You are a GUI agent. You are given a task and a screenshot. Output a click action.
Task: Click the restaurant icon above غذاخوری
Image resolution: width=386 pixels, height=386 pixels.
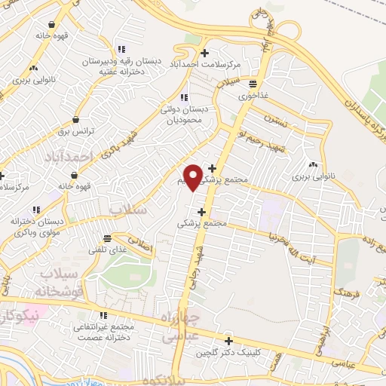pyautogui.click(x=253, y=84)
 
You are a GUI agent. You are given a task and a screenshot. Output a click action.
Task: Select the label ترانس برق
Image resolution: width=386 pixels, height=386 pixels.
pyautogui.click(x=75, y=130)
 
